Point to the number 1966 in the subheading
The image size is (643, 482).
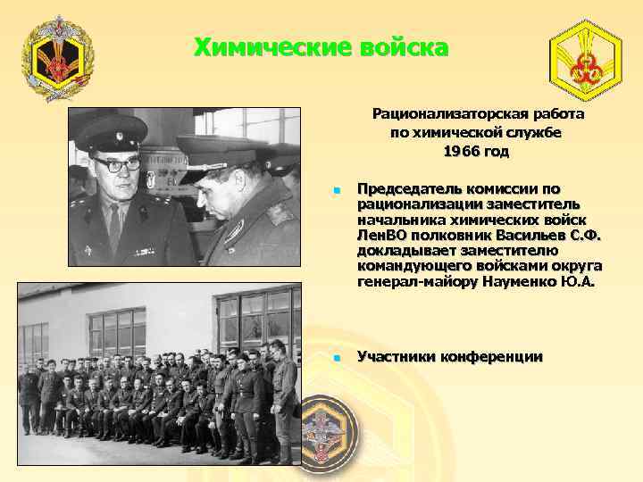(461, 152)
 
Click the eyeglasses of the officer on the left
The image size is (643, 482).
(116, 164)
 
